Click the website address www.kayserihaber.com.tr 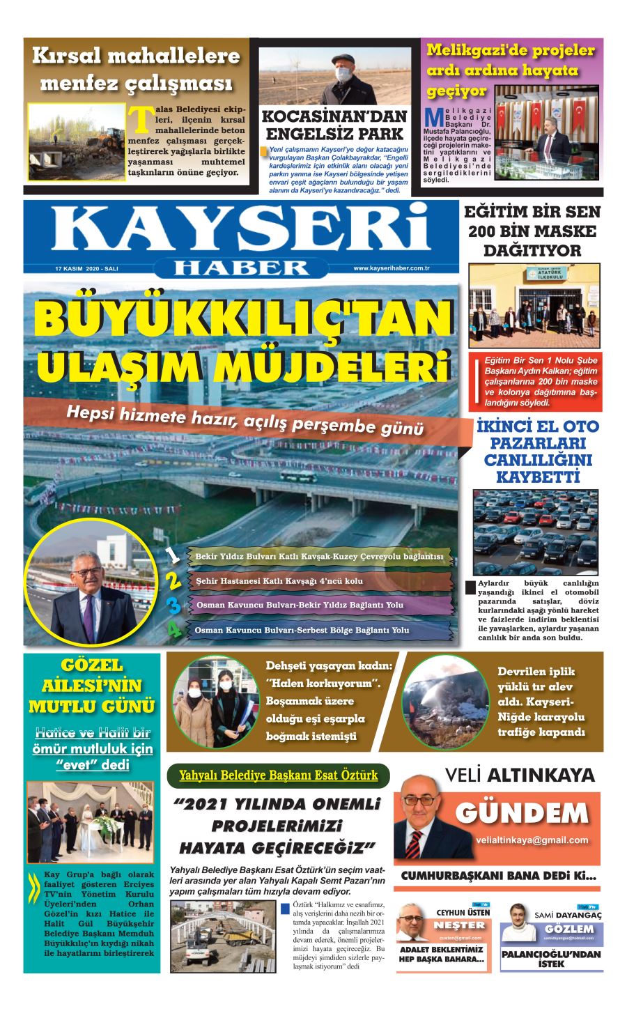[x=392, y=268]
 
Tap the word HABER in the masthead [x=241, y=268]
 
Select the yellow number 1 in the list [x=173, y=556]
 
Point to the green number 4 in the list [x=173, y=630]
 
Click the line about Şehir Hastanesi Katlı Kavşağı [x=279, y=581]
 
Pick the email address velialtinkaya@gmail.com [x=532, y=840]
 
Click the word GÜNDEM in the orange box [x=522, y=814]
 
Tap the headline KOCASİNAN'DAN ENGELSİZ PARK [x=334, y=125]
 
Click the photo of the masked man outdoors [x=334, y=76]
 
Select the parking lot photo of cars [x=535, y=531]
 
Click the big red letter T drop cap [x=141, y=119]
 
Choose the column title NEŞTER [x=458, y=925]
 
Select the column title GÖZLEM [x=569, y=929]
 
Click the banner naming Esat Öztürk [x=278, y=775]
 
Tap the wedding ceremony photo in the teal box [x=90, y=822]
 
